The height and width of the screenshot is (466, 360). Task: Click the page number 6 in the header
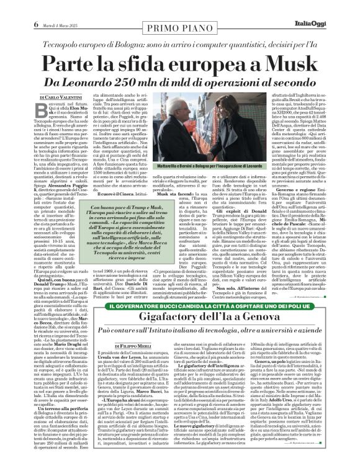click(x=11, y=7)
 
